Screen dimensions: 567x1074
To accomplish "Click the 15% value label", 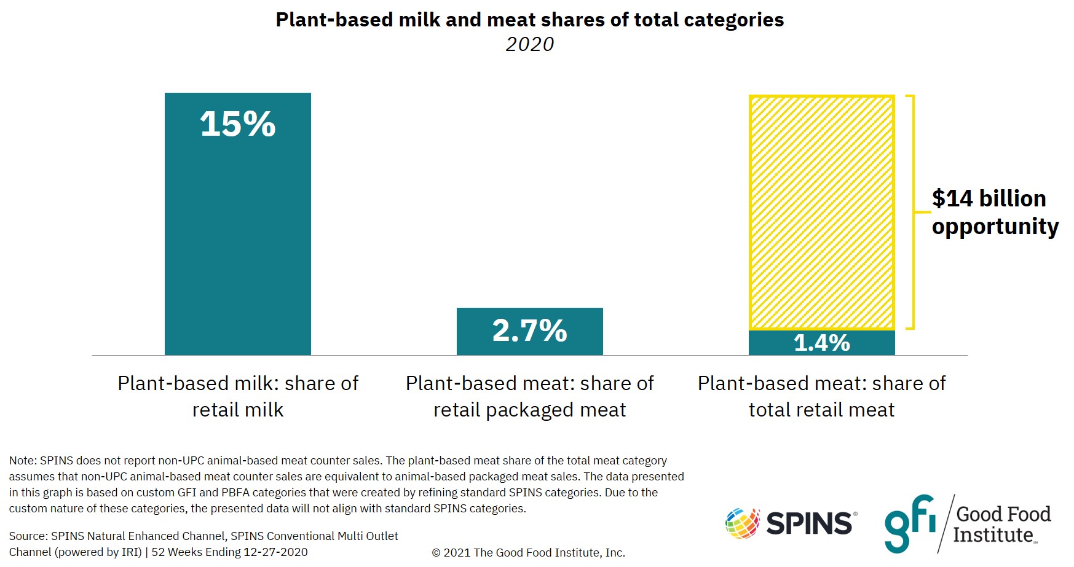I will click(237, 124).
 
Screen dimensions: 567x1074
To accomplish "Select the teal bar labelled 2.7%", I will click(529, 331).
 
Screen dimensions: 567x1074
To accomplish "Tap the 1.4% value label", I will click(821, 343).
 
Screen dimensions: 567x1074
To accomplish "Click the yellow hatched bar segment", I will click(821, 212).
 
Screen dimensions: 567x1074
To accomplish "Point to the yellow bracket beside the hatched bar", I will click(913, 212).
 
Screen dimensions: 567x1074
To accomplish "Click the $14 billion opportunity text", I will click(994, 212).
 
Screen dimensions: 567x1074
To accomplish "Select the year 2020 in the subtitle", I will click(529, 44).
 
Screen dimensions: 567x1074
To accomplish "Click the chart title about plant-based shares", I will click(529, 20).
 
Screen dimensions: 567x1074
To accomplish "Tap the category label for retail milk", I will click(237, 396).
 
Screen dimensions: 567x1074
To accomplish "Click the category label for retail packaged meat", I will click(529, 396).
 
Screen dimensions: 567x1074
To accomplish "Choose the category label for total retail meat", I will click(821, 396).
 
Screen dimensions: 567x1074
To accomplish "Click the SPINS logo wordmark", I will click(809, 523).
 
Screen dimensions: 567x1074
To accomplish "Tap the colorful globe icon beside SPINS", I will click(742, 523).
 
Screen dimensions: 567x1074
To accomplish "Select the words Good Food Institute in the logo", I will click(1002, 524).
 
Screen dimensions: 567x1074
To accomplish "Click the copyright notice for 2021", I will click(528, 552).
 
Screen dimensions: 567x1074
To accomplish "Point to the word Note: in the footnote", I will click(23, 461).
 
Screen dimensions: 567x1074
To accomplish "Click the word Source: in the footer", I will click(28, 536).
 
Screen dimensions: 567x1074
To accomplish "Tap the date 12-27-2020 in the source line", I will click(275, 552).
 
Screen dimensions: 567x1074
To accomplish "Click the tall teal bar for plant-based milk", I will click(237, 246).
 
